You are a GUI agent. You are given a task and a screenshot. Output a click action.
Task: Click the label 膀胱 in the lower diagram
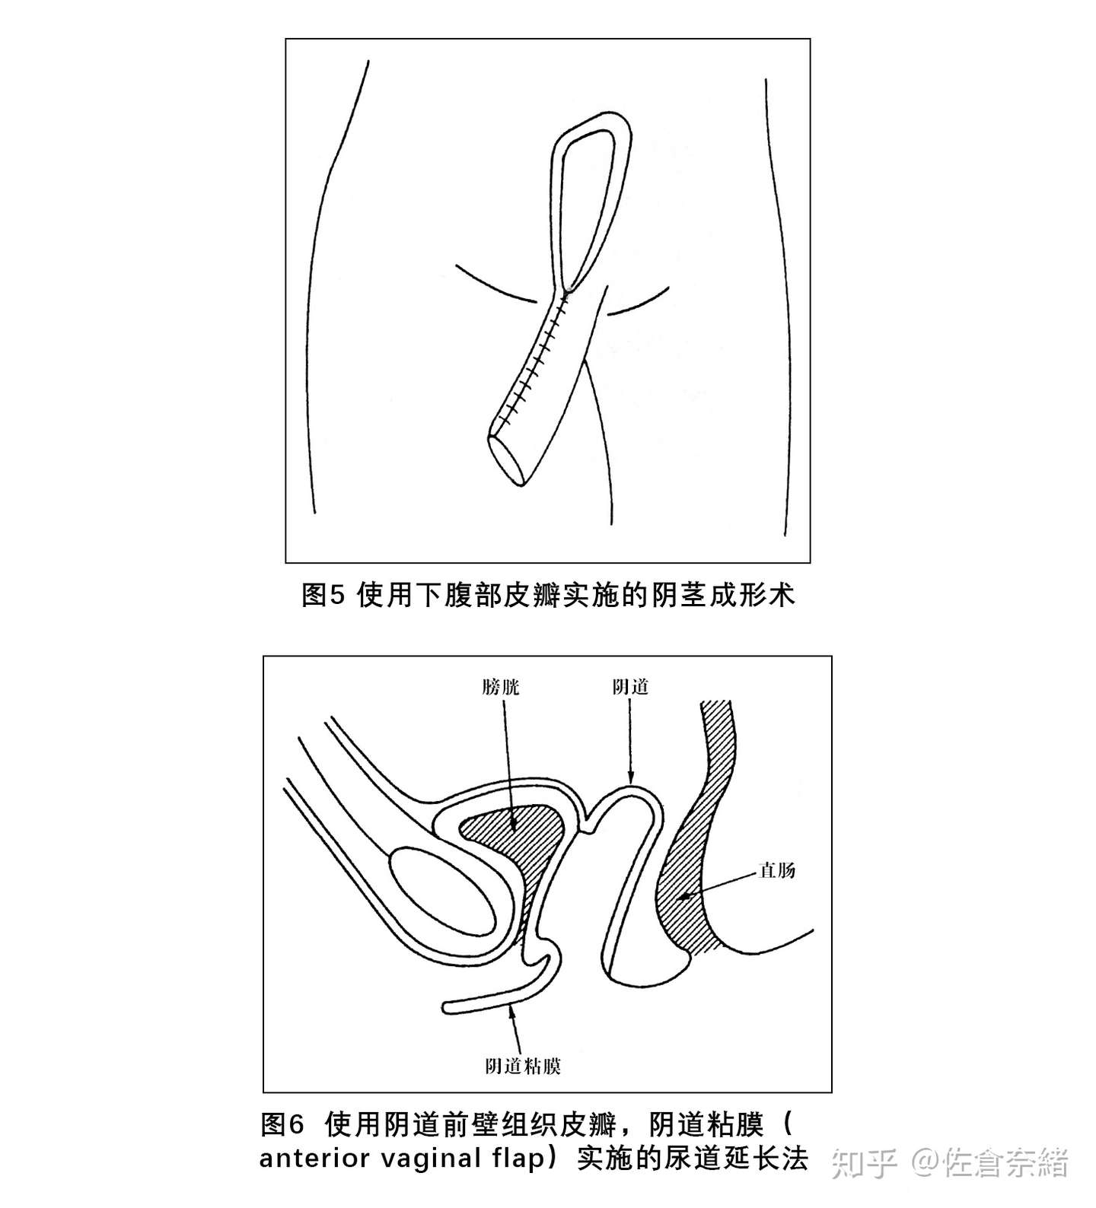click(x=501, y=688)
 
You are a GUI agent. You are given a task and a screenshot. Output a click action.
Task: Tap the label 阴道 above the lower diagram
click(x=631, y=687)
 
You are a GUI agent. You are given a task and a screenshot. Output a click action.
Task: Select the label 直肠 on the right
click(x=777, y=869)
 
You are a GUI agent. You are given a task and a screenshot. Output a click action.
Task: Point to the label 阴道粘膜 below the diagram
click(x=523, y=1066)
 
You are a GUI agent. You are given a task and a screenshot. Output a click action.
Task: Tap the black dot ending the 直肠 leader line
click(x=685, y=898)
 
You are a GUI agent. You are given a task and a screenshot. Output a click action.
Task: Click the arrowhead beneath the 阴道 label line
click(x=631, y=776)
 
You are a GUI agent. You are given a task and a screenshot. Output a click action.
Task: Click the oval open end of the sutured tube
click(x=508, y=459)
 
